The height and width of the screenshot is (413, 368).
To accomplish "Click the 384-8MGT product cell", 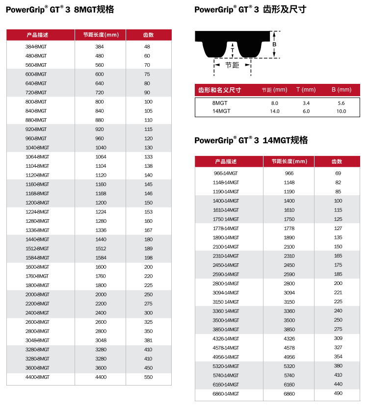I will click(x=36, y=47).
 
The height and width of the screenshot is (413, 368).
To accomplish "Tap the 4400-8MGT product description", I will click(x=37, y=377).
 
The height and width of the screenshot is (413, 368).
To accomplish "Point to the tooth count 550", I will click(x=148, y=377).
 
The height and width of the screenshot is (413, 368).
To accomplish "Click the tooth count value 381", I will click(x=148, y=340).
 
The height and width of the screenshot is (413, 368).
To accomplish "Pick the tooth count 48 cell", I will click(x=147, y=47).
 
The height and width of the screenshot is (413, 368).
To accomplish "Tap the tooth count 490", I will click(x=338, y=393).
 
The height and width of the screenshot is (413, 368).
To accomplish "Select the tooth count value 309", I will click(x=338, y=338).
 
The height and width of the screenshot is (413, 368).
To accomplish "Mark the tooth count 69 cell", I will click(x=338, y=174).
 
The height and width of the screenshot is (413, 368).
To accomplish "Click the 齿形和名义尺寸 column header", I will click(x=219, y=90).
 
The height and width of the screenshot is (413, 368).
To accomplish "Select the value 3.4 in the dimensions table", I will click(x=306, y=103).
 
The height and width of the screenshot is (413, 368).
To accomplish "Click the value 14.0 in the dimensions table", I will click(x=274, y=111).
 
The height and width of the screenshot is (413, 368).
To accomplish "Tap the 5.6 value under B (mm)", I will click(x=342, y=103).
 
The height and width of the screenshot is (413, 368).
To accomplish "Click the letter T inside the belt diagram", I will click(x=232, y=50).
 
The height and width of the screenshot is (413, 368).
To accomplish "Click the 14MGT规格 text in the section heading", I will click(x=285, y=140).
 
